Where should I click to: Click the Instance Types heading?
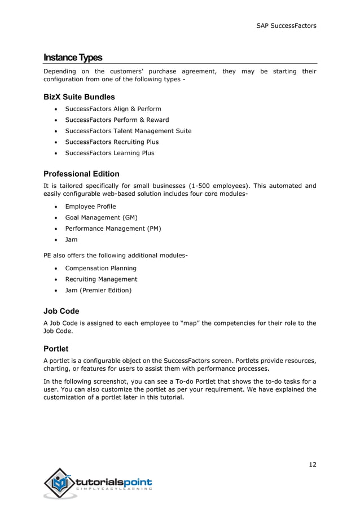point(73,58)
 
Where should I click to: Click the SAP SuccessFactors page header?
point(286,25)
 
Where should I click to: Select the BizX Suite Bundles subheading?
point(79,96)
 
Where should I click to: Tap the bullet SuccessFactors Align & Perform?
point(113,109)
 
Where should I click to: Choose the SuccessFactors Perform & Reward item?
point(117,120)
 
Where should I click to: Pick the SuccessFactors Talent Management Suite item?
point(128,131)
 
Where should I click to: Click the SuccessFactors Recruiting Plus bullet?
point(112,142)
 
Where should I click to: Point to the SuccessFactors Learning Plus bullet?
point(109,153)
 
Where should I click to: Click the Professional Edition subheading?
point(81,173)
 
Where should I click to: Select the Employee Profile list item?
point(90,207)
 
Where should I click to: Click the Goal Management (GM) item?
point(101,217)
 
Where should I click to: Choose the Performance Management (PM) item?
point(112,229)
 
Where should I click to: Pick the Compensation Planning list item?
point(100,268)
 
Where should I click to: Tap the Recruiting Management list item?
point(101,279)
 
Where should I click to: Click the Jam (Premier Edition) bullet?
point(98,290)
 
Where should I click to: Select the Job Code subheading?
point(62,311)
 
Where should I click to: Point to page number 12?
point(312,464)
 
